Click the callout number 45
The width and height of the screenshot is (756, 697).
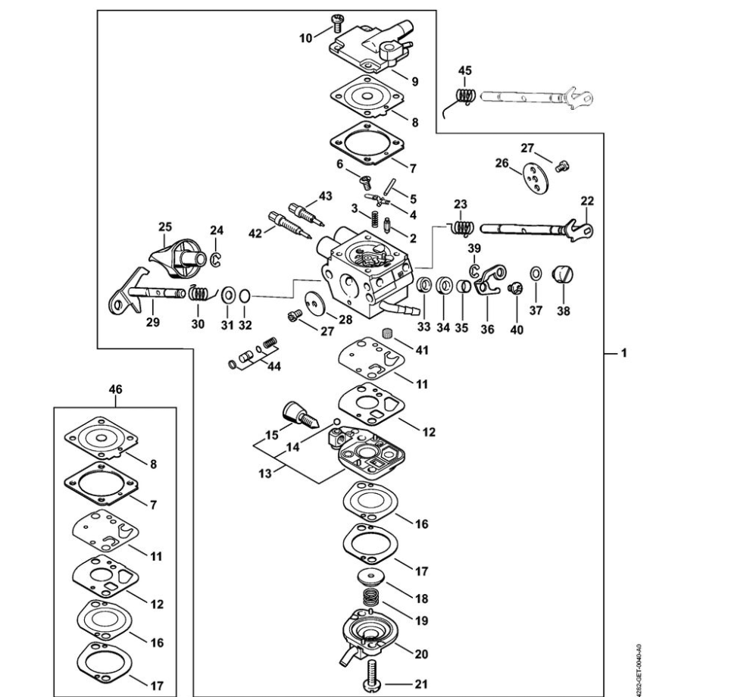465,70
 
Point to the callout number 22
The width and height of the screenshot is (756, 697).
587,201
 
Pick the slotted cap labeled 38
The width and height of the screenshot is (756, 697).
564,274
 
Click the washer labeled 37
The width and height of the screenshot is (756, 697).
536,273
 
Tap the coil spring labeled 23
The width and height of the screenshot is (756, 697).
461,227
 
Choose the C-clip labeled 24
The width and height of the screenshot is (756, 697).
215,261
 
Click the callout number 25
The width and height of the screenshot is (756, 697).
164,226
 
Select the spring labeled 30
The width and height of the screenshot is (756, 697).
200,291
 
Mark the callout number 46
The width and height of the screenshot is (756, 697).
115,389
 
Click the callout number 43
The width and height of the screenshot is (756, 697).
326,196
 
